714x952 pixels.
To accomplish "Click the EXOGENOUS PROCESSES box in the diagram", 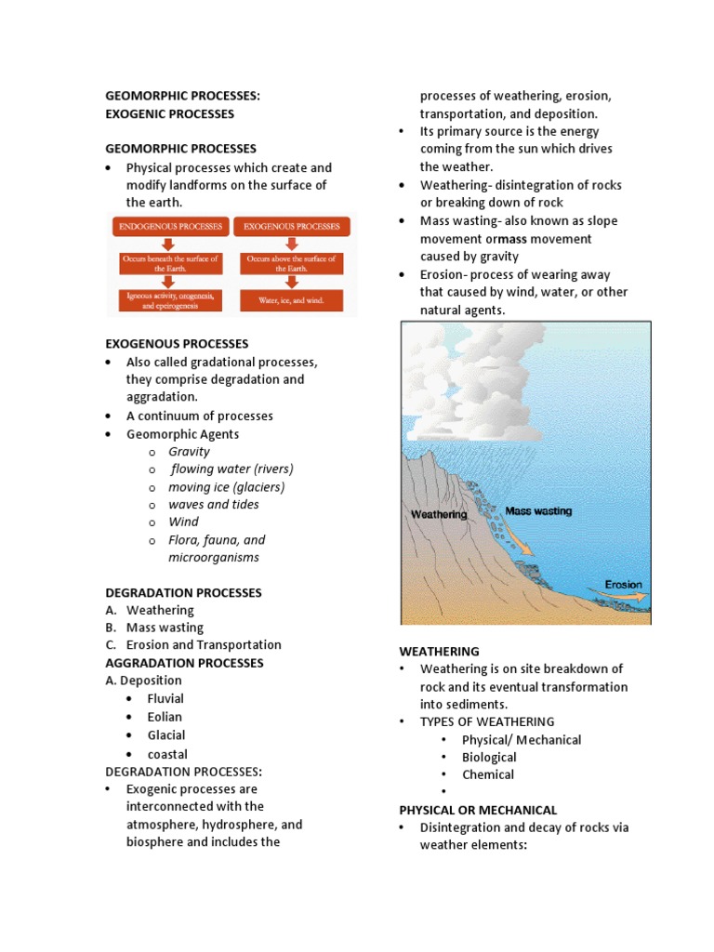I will click(291, 226).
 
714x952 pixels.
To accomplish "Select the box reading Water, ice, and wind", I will click(291, 300).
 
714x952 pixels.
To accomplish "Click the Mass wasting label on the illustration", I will click(538, 510).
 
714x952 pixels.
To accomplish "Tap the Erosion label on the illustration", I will click(622, 585).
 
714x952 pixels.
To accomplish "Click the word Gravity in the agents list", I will click(189, 452).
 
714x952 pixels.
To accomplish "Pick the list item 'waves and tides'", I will click(214, 505).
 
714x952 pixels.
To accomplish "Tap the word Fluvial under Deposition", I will click(165, 698).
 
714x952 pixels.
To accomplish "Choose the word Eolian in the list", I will click(165, 717).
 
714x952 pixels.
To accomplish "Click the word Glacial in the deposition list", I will click(166, 735).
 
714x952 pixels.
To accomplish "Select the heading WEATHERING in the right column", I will click(439, 651).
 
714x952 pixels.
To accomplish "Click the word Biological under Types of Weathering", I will click(489, 758).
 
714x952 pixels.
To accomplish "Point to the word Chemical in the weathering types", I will click(488, 774).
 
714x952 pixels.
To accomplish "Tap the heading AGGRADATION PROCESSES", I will click(184, 663).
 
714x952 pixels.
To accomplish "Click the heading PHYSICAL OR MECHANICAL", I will click(478, 810).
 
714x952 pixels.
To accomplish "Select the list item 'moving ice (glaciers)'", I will click(226, 487).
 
